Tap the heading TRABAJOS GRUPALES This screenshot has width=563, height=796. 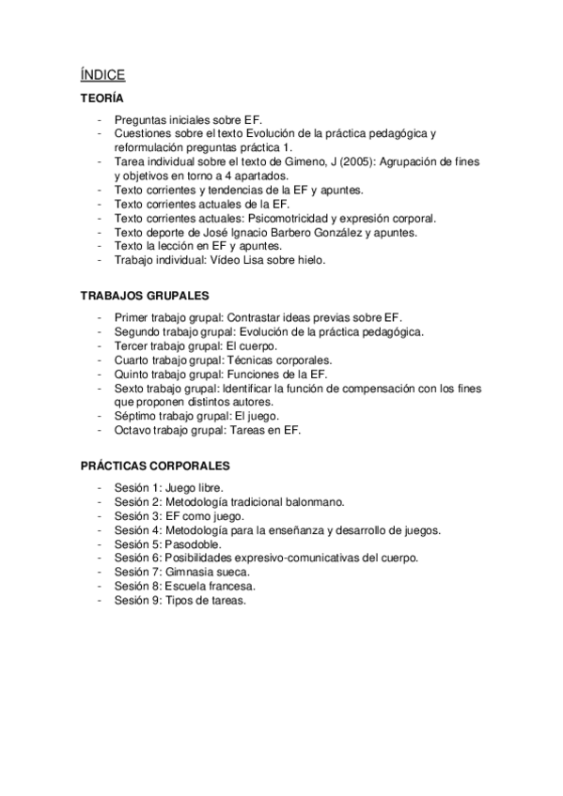pyautogui.click(x=144, y=295)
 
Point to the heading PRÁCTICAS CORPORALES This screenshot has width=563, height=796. pyautogui.click(x=154, y=466)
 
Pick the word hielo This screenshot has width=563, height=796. pyautogui.click(x=307, y=260)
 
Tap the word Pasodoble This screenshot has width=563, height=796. pyautogui.click(x=195, y=544)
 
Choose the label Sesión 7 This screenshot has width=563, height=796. pyautogui.click(x=136, y=573)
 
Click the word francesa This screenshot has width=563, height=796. pyautogui.click(x=218, y=587)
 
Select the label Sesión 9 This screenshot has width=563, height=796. pyautogui.click(x=136, y=601)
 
